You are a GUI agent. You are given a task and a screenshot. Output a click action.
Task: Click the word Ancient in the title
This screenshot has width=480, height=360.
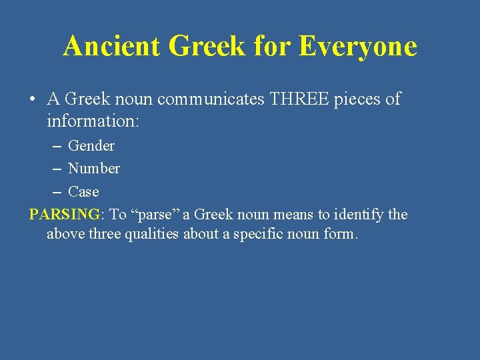111,46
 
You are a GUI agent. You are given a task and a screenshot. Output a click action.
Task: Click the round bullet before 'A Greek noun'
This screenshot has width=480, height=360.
32,100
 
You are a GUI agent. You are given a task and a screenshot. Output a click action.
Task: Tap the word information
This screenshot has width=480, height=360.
91,122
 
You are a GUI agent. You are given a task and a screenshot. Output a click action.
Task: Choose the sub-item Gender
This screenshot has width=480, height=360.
91,145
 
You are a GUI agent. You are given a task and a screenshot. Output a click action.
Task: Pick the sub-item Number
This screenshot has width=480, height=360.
94,168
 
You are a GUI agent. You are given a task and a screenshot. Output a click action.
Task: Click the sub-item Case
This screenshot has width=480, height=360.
83,191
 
